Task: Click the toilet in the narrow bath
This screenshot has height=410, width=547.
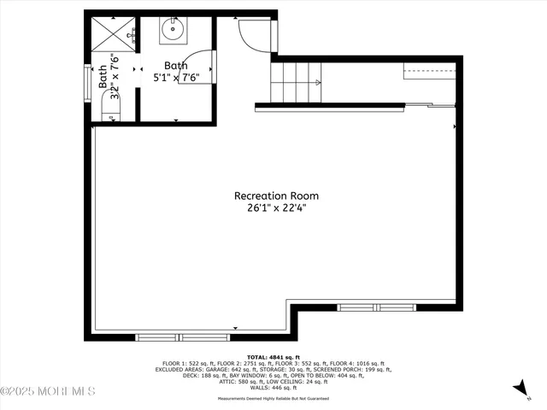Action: pos(113,107)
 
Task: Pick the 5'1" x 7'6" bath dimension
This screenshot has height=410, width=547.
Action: pos(176,77)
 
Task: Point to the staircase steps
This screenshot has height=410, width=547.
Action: pos(295,82)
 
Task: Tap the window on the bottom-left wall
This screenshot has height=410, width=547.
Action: pos(182,337)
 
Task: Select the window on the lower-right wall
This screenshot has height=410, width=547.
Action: pos(377,307)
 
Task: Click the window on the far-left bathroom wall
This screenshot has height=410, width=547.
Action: pos(85,84)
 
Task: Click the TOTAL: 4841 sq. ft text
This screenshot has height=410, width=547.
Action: pos(273,357)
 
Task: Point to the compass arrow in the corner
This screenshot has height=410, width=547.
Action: pos(519,389)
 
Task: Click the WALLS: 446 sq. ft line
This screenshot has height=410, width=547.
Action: pos(273,387)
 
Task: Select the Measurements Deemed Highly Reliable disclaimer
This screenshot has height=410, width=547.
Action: pos(273,398)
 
